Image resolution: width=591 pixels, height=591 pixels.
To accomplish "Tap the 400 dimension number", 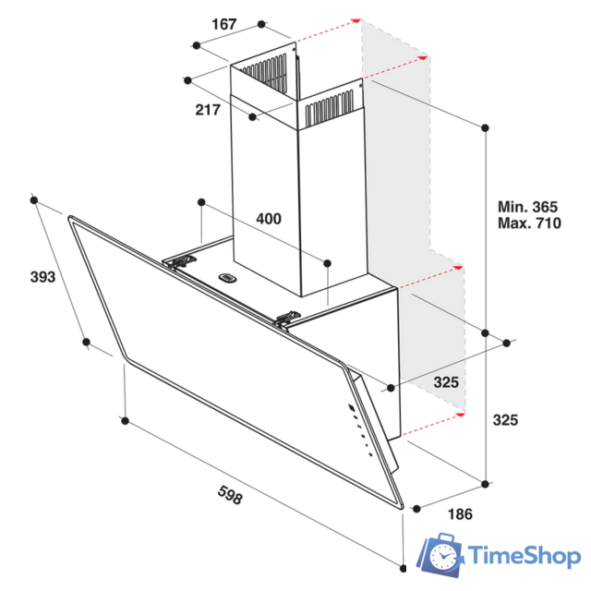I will (x=268, y=219).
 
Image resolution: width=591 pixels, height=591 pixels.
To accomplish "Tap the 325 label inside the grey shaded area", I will (x=447, y=382).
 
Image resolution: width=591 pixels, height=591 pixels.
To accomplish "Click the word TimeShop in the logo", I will (x=525, y=555).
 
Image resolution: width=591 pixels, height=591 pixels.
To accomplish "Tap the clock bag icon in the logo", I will (x=443, y=555).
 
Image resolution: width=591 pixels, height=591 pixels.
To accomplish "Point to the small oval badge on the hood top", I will (x=227, y=275).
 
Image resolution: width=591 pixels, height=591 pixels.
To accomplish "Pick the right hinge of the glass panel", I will (x=289, y=319).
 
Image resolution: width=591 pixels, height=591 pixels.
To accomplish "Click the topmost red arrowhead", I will (x=355, y=18).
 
